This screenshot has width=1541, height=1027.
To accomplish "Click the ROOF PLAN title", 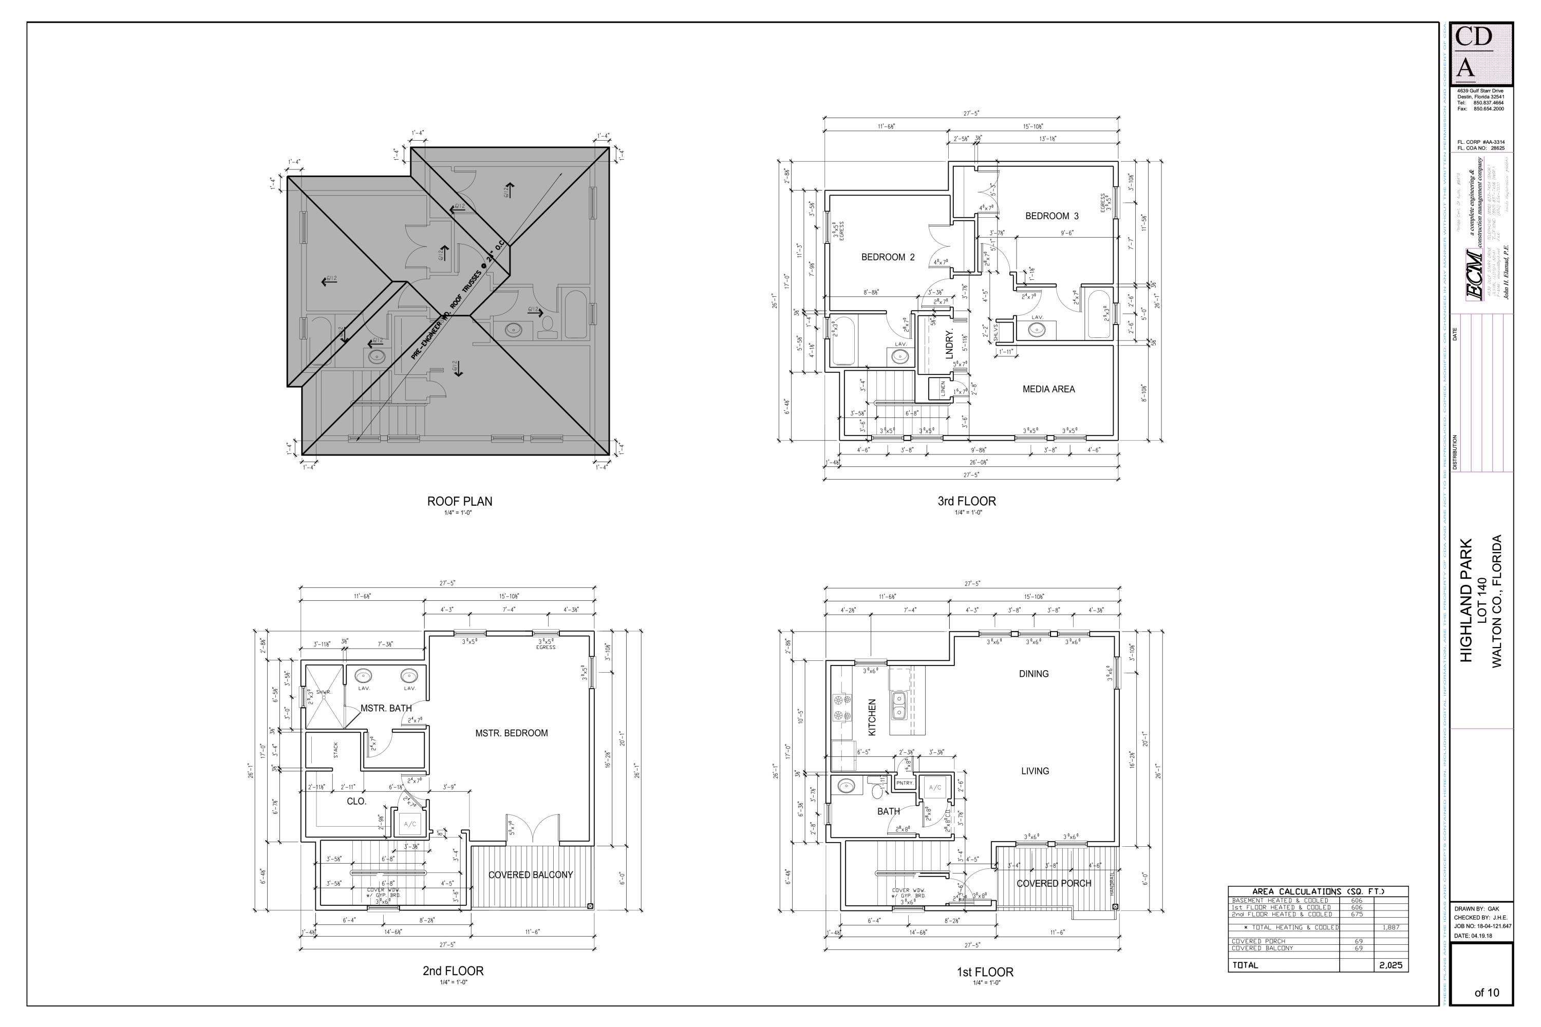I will pos(459,501).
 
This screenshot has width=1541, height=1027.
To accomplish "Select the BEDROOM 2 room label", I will pos(887,257).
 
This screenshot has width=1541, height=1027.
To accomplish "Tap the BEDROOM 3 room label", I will pos(1051,216).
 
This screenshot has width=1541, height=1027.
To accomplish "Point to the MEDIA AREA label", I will pos(1048,389).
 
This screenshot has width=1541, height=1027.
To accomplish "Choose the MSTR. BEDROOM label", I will pos(511,733).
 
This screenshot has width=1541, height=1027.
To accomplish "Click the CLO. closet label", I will pos(356,801).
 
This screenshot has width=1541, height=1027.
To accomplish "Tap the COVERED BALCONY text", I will pos(530,874).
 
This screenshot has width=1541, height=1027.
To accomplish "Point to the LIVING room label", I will pos(1035,771).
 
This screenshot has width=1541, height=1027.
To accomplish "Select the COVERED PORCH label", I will pos(1054,883).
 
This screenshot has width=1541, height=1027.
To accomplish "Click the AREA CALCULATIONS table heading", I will pos(1318,891).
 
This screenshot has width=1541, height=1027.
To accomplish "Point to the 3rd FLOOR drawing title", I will pos(966,501).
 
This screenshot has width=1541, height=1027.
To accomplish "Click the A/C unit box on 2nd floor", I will pos(409,824).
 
